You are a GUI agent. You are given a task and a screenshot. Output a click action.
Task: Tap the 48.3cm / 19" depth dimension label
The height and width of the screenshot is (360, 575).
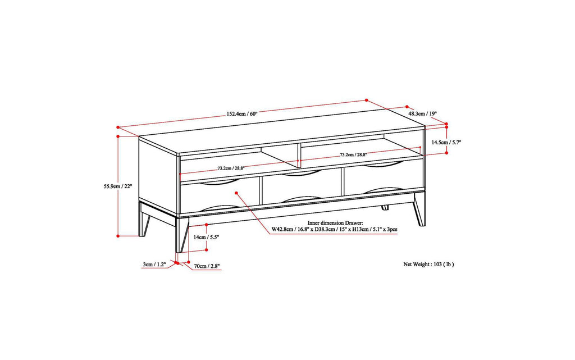pos(422,113)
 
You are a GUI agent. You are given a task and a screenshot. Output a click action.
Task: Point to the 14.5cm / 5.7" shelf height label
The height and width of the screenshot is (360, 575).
pos(446,143)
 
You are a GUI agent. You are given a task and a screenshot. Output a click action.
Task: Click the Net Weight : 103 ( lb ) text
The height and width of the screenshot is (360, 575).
pos(428,263)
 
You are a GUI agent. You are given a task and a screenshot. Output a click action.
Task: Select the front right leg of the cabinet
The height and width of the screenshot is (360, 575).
pos(419,210)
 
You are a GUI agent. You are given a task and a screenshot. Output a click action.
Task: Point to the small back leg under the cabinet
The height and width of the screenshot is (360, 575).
pos(385,207)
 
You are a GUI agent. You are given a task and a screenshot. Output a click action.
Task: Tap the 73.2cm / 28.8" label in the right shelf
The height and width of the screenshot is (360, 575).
pos(353,154)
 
